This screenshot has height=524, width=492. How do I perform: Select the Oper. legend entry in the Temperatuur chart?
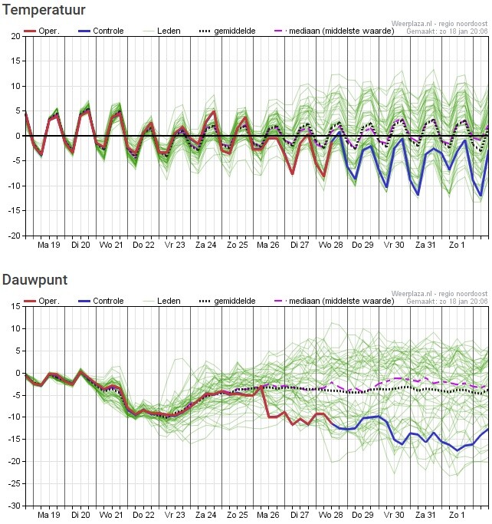pyautogui.click(x=42, y=31)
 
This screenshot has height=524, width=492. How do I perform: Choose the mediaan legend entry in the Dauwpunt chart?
pyautogui.click(x=334, y=301)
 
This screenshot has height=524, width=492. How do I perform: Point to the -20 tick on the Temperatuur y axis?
pyautogui.click(x=15, y=236)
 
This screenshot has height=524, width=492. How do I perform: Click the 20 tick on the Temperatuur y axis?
pyautogui.click(x=16, y=36)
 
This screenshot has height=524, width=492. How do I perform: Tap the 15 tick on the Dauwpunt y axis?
pyautogui.click(x=16, y=306)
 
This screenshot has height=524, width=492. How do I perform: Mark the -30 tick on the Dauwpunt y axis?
pyautogui.click(x=15, y=506)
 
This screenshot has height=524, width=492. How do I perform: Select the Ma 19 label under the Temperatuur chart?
pyautogui.click(x=49, y=245)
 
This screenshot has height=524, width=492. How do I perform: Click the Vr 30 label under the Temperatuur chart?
pyautogui.click(x=394, y=245)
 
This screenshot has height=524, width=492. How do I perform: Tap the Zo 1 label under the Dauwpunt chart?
pyautogui.click(x=457, y=515)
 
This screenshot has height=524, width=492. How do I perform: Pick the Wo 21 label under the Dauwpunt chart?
pyautogui.click(x=112, y=515)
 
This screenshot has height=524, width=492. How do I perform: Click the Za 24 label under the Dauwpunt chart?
pyautogui.click(x=205, y=515)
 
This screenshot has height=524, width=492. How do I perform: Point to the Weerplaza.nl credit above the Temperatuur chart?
pyautogui.click(x=438, y=25)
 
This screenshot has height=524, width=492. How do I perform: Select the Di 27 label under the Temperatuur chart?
pyautogui.click(x=300, y=245)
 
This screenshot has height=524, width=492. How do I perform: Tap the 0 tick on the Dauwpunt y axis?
pyautogui.click(x=18, y=373)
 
